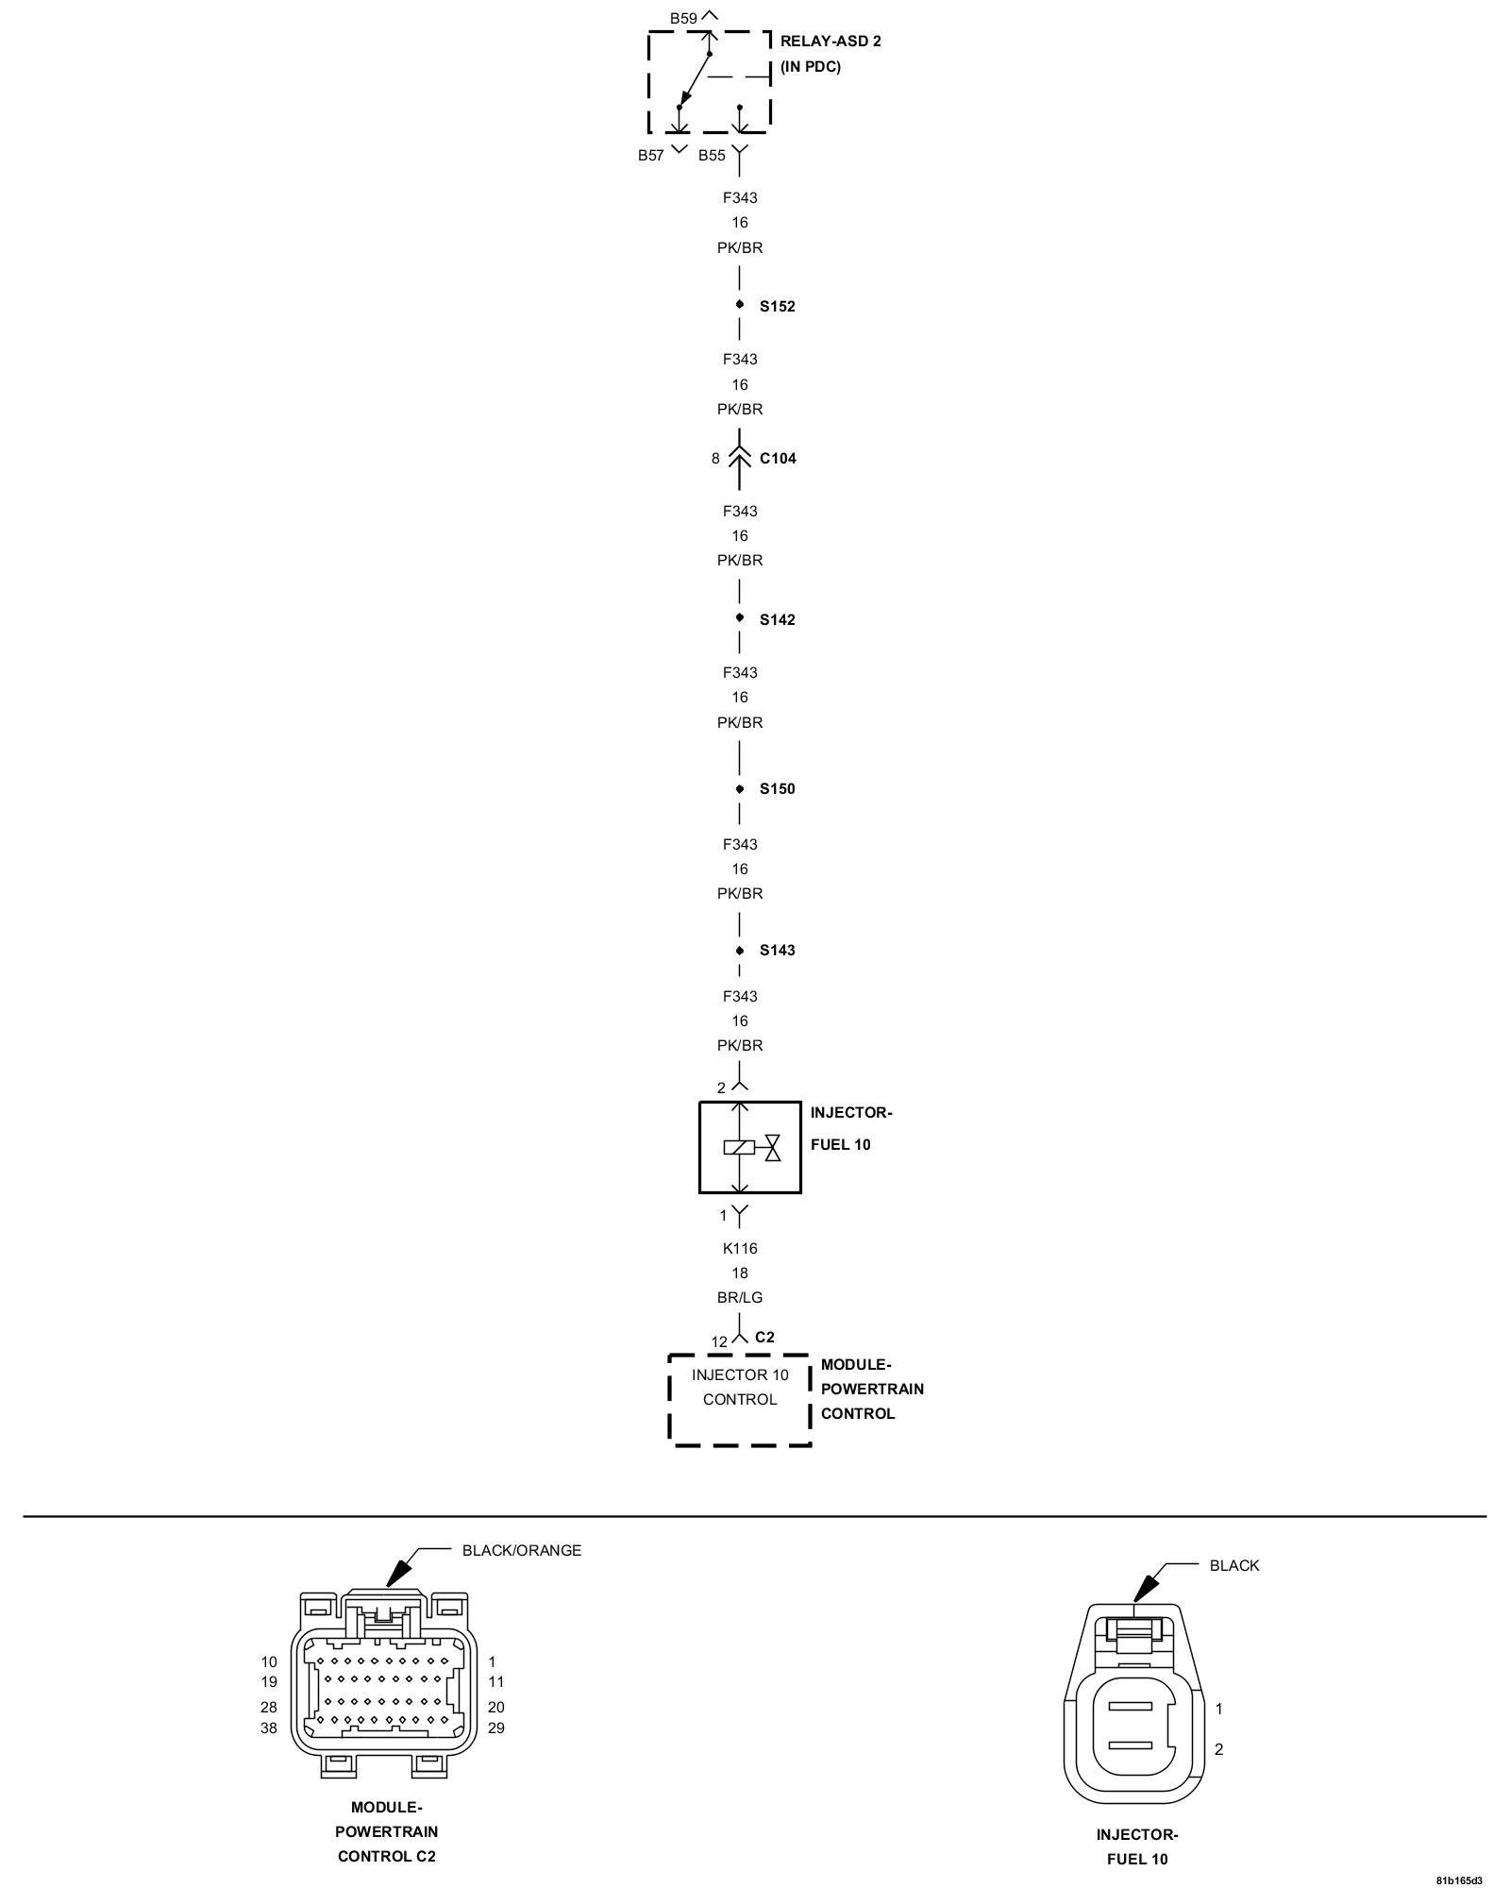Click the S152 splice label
777,307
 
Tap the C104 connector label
778,459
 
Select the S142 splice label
777,620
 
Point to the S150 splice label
777,789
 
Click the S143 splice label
777,951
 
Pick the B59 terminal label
683,18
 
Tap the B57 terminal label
651,156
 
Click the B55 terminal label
712,156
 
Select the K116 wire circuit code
740,1248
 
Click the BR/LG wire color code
740,1298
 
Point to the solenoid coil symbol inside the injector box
739,1148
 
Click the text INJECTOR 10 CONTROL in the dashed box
740,1387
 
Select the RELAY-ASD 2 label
830,42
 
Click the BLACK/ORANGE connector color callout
521,1550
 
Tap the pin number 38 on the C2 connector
269,1728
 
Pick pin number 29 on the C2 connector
496,1728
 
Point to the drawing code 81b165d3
1459,1880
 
